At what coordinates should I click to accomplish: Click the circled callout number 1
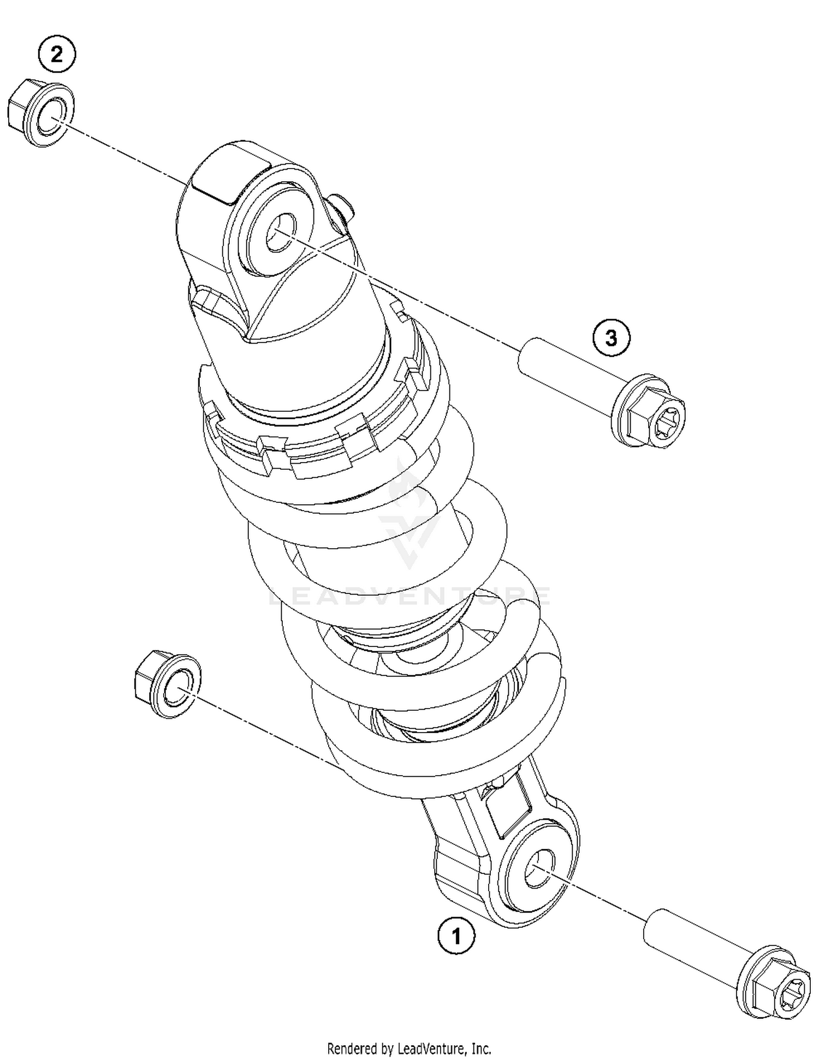(456, 937)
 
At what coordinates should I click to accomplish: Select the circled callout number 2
(57, 55)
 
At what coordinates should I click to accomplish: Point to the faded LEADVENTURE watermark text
(410, 596)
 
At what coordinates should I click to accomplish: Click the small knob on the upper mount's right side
(343, 206)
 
